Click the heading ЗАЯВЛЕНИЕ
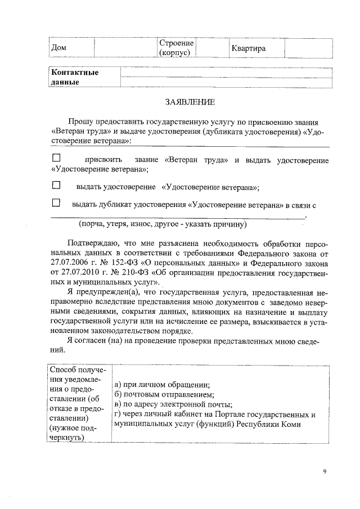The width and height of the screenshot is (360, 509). click(x=190, y=102)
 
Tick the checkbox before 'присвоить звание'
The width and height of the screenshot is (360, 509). click(x=56, y=159)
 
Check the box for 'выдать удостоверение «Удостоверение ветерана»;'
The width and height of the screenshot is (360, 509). click(x=56, y=185)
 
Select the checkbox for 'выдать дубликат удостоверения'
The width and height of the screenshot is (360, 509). click(x=56, y=203)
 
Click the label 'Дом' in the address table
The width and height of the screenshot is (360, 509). click(x=58, y=48)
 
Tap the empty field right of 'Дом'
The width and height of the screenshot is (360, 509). click(x=124, y=48)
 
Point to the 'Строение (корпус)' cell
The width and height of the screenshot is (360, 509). click(x=176, y=48)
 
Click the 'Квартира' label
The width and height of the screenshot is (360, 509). click(x=248, y=48)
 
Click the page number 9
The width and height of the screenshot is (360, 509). click(x=325, y=471)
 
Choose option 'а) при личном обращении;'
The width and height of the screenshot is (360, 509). click(x=162, y=385)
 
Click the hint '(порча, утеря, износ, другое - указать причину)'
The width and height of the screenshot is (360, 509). click(x=163, y=224)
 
